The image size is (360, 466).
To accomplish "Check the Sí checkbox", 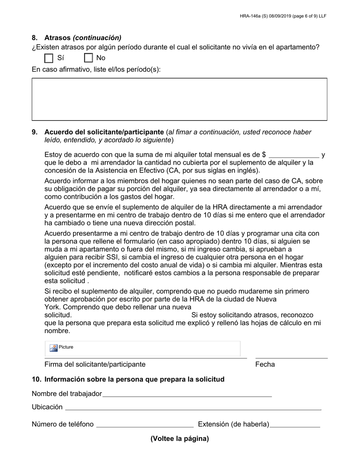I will pyautogui.click(x=49, y=58).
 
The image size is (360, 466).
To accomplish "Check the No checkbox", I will pyautogui.click(x=88, y=58).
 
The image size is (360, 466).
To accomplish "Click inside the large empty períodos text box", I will pyautogui.click(x=179, y=99).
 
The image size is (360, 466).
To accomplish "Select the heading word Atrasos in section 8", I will pyautogui.click(x=57, y=38).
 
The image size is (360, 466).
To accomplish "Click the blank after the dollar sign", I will pyautogui.click(x=294, y=155).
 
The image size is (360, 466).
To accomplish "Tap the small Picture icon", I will pyautogui.click(x=53, y=348).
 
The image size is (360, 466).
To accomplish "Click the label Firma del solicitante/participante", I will pyautogui.click(x=95, y=364).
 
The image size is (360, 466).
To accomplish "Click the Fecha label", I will pyautogui.click(x=265, y=364).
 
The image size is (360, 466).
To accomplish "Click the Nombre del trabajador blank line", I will pyautogui.click(x=187, y=394).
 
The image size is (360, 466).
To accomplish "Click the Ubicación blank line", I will pyautogui.click(x=193, y=407).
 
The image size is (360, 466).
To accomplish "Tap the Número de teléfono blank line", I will pyautogui.click(x=145, y=425).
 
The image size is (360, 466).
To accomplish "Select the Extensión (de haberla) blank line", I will pyautogui.click(x=295, y=425).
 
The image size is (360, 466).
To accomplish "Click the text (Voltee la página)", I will pyautogui.click(x=180, y=439).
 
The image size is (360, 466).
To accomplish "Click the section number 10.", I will pyautogui.click(x=36, y=379).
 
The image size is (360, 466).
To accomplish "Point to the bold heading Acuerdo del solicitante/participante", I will pyautogui.click(x=104, y=132).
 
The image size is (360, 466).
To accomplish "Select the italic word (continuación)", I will pyautogui.click(x=97, y=38).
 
